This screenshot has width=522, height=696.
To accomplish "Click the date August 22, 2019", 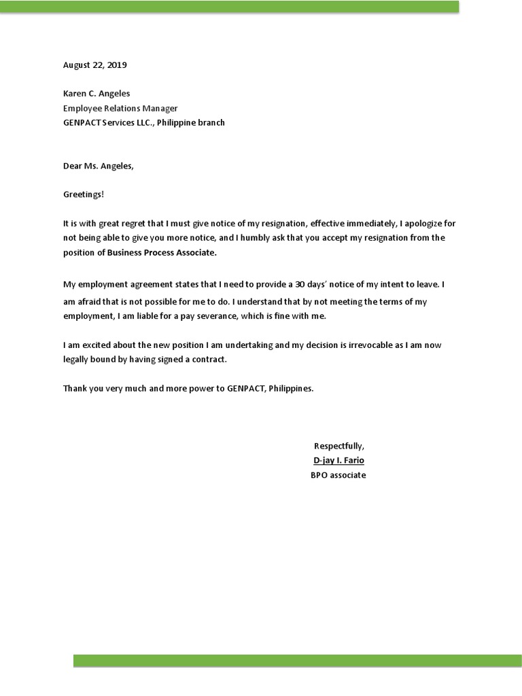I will click(94, 65).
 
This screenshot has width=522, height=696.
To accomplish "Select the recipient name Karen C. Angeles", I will click(97, 93).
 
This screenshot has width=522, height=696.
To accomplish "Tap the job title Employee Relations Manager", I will click(120, 108).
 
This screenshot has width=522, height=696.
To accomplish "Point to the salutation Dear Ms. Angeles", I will click(99, 166).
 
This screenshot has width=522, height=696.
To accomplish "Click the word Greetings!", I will click(84, 194).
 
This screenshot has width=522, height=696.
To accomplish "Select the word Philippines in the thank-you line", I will click(291, 389).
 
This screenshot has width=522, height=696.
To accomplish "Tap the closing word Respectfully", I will click(338, 446).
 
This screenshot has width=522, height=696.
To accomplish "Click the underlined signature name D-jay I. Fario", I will click(338, 461).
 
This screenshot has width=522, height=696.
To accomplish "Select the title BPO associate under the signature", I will click(338, 475).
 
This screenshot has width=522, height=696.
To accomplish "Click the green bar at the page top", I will click(231, 7).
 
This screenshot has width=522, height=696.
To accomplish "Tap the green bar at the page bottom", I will click(298, 661).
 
